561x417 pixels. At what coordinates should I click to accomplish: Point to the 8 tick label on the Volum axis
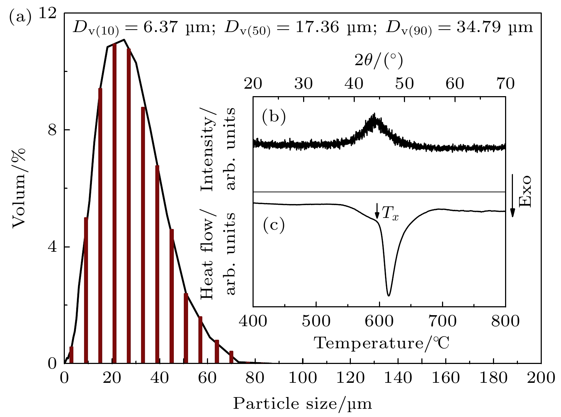pos(52,130)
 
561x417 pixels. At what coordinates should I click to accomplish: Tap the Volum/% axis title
pos(20,188)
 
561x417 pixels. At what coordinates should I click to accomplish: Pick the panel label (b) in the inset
pos(274,116)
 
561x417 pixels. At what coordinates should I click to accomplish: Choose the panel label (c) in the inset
pos(274,225)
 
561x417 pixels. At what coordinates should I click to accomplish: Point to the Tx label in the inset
pos(390,214)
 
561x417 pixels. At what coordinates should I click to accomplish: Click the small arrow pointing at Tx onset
pos(377,211)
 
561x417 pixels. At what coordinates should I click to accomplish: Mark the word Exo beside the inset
pos(525,191)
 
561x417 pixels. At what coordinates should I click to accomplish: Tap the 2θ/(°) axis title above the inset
pos(379,61)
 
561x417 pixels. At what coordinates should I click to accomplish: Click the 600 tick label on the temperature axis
pos(379,321)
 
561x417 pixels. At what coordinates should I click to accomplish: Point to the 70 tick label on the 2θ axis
pos(505,84)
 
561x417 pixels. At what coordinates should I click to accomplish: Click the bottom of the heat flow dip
pos(389,295)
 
